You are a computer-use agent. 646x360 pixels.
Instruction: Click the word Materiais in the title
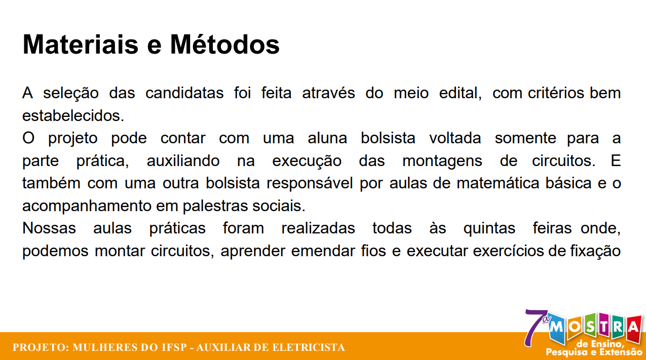point(80,45)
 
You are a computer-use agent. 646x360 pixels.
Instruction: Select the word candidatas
point(184,93)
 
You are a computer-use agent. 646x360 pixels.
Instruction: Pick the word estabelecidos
point(73,115)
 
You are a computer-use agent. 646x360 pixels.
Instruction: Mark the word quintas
point(489,228)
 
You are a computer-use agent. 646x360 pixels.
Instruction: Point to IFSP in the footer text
point(173,348)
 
